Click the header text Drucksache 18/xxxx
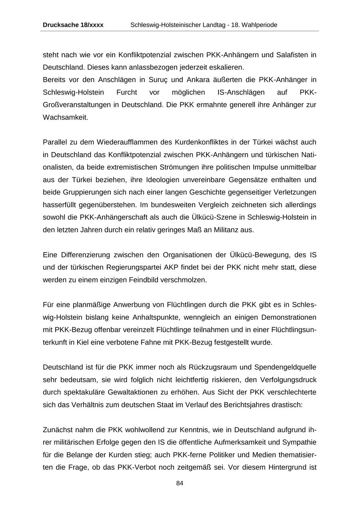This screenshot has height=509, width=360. (x=73, y=25)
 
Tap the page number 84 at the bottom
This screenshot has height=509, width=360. (x=180, y=483)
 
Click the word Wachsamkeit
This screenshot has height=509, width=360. (x=65, y=118)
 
